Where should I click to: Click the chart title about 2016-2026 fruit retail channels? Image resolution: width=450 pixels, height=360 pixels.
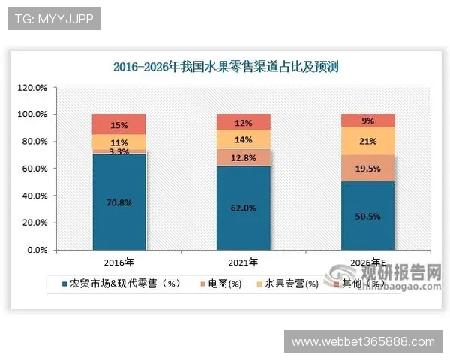(x=226, y=67)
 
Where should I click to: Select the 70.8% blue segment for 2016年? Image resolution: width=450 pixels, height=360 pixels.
(x=118, y=201)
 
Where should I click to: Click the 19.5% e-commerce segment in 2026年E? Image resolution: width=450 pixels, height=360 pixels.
(x=367, y=168)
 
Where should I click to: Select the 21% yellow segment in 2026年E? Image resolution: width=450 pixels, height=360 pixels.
(x=367, y=141)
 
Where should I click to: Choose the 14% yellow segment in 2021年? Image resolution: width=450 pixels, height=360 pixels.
(x=243, y=139)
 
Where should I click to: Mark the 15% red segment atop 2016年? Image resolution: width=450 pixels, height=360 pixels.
(x=118, y=124)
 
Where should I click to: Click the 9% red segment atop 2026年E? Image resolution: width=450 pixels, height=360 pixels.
(x=367, y=120)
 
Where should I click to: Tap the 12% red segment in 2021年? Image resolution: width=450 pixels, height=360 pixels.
(x=243, y=122)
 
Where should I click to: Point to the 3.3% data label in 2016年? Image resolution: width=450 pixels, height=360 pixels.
(x=118, y=151)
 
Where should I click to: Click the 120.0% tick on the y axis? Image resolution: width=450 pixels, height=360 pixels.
(x=33, y=87)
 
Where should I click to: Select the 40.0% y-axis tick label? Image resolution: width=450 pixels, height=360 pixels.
(x=34, y=196)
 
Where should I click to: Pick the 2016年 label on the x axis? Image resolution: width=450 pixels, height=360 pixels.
(x=118, y=262)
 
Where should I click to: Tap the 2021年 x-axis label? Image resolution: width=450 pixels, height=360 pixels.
(x=243, y=262)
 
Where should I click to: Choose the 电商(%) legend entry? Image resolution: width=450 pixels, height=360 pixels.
(x=224, y=283)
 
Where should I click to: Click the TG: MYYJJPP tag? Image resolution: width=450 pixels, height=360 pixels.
(x=53, y=19)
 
